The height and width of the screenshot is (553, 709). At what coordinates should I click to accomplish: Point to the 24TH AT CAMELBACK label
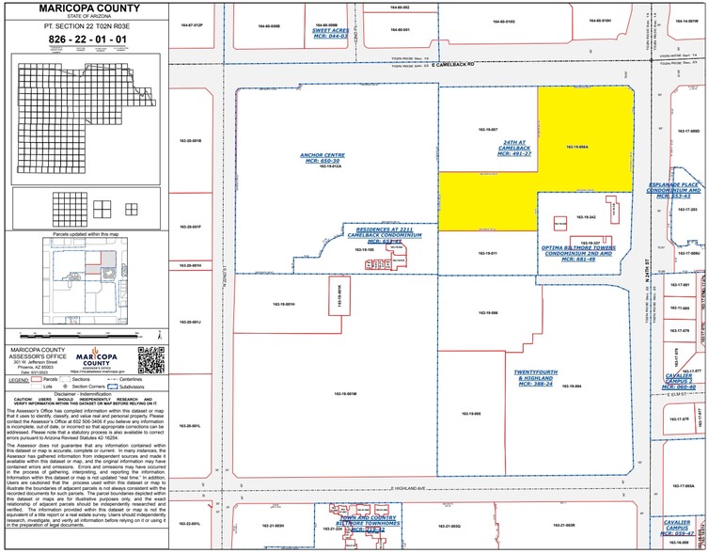(x=511, y=148)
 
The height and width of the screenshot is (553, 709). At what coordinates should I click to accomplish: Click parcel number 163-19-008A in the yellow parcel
(x=578, y=148)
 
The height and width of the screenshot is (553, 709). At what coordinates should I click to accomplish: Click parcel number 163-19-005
(x=472, y=413)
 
